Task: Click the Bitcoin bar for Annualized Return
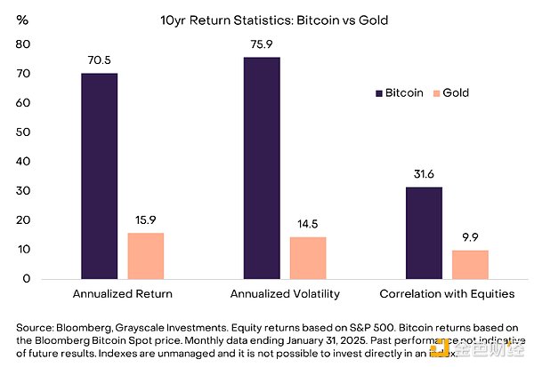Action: click(99, 176)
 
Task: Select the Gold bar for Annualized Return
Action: click(146, 256)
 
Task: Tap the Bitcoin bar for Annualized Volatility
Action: click(261, 168)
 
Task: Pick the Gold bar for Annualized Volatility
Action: click(308, 258)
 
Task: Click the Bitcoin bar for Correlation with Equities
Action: click(424, 233)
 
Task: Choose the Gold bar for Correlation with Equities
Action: click(471, 265)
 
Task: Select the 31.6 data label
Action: click(424, 176)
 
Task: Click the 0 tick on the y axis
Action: click(28, 279)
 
